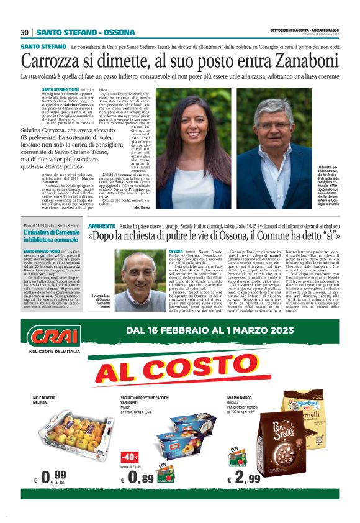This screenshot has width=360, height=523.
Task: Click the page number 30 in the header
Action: pos(25,32)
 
